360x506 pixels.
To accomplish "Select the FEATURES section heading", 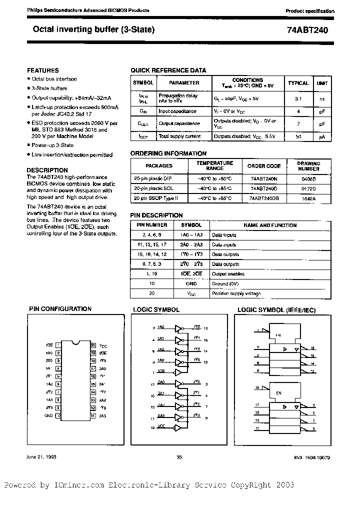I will pos(42,70).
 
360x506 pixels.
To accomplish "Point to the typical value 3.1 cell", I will pos(298,99).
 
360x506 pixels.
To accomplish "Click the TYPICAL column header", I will pos(298,83).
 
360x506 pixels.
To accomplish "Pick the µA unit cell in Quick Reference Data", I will pos(322,136).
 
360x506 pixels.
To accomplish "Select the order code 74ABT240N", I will pos(263,177).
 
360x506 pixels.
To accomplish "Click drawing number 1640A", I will pos(308,198).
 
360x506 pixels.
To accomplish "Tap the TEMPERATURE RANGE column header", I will pos(214,165).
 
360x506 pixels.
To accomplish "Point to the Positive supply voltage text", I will pos(236,293).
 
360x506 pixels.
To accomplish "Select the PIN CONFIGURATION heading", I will pos(60,309).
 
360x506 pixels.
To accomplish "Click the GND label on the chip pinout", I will pos(48,415).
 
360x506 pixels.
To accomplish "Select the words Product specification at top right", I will pos(310,11).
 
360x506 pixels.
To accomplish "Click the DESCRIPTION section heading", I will pos(47,170).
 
